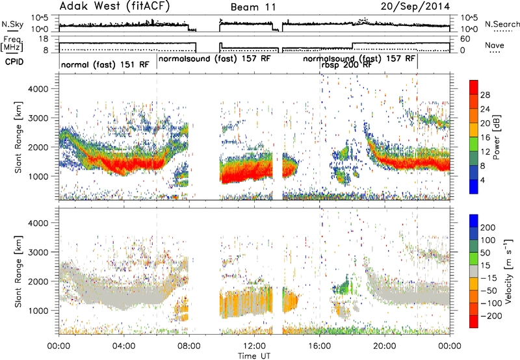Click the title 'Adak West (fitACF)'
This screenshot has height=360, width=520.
(114, 6)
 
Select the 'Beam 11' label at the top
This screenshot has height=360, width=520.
(253, 7)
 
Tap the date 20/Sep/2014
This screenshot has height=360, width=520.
(415, 6)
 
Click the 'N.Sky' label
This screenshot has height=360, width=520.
(12, 24)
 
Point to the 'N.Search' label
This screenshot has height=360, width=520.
(502, 24)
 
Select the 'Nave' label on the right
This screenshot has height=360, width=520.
(495, 45)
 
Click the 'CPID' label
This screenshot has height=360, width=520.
(14, 62)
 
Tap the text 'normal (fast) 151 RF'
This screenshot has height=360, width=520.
(105, 64)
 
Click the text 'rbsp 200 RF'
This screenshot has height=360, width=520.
(346, 65)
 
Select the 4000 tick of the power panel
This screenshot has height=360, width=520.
(38, 89)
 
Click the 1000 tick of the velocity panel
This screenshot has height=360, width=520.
(38, 311)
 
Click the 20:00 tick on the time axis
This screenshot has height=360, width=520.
(385, 346)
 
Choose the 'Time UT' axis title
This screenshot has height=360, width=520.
(254, 355)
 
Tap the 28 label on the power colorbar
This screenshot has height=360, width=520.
(485, 95)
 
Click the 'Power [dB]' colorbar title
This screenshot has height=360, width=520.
(496, 137)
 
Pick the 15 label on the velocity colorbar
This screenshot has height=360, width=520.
(485, 265)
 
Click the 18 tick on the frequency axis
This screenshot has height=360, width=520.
(44, 38)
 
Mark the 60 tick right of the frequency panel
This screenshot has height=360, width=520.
(465, 39)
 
